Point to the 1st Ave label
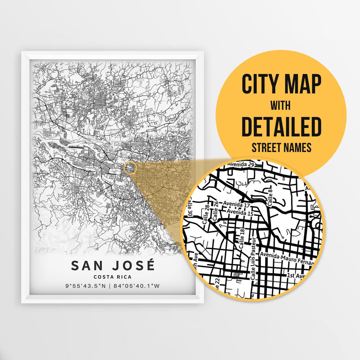[x=296, y=276]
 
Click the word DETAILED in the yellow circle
[x=281, y=127]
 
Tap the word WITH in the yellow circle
[x=280, y=106]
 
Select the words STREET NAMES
[x=281, y=147]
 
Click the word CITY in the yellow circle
[x=258, y=85]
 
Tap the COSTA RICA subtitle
[x=112, y=277]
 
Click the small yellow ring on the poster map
[x=130, y=168]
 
